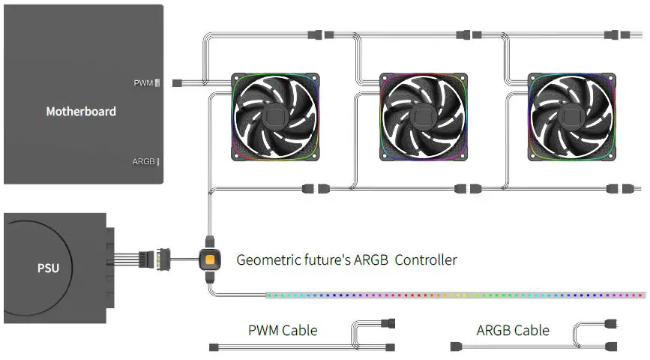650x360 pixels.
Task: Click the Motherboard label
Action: click(x=81, y=112)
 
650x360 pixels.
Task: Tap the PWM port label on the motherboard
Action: click(x=143, y=82)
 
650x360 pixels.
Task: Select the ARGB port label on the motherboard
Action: click(x=144, y=161)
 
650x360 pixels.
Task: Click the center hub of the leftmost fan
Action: click(x=275, y=117)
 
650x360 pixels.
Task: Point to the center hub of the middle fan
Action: click(x=424, y=117)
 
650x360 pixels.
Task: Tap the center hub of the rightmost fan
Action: click(x=572, y=117)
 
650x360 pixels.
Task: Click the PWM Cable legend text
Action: click(x=283, y=330)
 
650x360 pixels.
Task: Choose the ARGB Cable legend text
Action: click(x=513, y=330)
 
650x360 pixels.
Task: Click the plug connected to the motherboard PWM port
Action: click(x=178, y=82)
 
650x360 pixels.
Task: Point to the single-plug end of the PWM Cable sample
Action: click(x=214, y=346)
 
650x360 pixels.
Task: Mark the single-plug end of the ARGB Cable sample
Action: click(x=455, y=346)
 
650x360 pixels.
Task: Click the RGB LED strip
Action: click(x=450, y=295)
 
